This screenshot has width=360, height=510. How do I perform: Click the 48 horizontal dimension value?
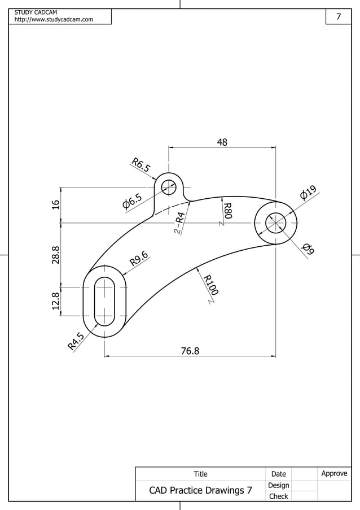(222, 142)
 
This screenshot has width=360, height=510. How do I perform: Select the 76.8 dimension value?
(190, 351)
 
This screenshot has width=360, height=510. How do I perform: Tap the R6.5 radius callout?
(141, 165)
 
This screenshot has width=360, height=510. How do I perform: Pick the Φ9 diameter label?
(308, 249)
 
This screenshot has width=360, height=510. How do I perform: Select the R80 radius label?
(227, 211)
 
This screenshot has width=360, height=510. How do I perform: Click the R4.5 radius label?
(76, 341)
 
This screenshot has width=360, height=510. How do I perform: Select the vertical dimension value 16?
(56, 204)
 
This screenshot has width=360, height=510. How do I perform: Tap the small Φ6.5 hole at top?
(169, 186)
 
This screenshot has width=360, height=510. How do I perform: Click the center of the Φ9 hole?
(275, 223)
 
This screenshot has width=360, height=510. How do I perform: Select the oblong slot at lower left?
(104, 301)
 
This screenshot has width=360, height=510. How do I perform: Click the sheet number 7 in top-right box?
(339, 16)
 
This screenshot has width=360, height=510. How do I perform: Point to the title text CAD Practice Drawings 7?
(200, 490)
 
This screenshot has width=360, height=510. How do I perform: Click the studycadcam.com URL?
(54, 20)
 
